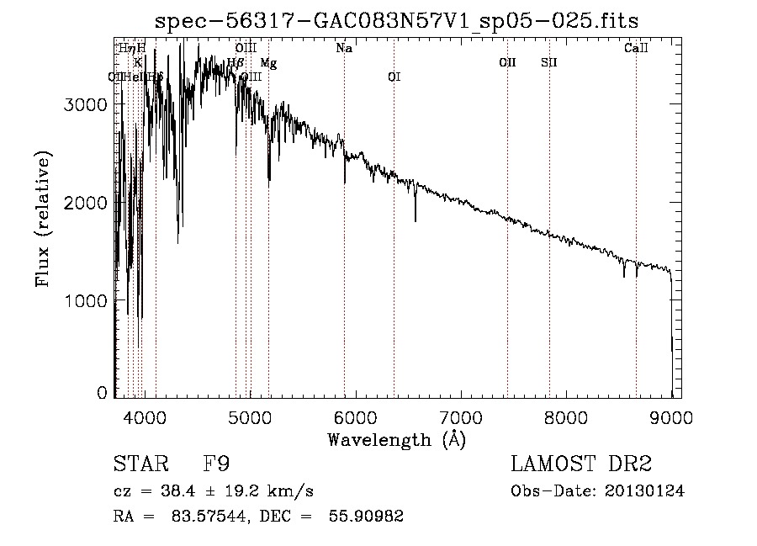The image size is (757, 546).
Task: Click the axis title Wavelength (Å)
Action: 396,439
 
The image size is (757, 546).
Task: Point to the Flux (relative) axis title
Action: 42,219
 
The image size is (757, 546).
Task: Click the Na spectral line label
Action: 344,49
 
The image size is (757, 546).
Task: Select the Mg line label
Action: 268,63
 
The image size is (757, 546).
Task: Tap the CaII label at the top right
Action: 636,49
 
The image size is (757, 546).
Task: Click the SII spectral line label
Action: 549,63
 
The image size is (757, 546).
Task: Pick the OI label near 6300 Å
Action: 394,77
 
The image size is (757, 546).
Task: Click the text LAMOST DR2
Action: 580,464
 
